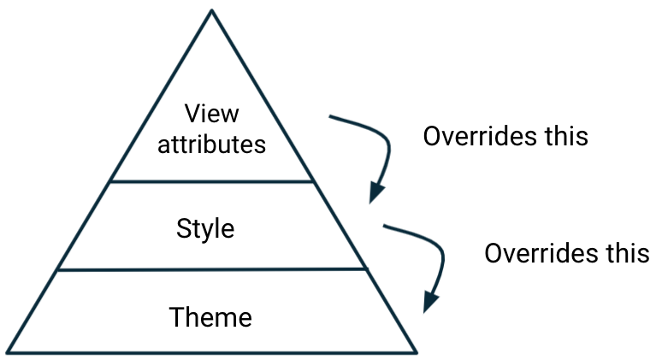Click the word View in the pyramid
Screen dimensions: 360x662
(x=212, y=114)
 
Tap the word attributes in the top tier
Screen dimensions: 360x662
(x=212, y=143)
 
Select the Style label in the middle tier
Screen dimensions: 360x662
(x=205, y=228)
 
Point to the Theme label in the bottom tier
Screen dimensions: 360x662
(x=210, y=317)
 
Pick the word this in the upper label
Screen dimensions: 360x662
(x=564, y=136)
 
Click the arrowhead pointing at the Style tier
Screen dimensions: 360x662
(x=375, y=193)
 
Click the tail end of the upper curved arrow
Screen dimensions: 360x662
(x=331, y=116)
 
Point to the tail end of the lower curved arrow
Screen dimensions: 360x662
(x=386, y=227)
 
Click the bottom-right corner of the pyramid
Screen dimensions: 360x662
(x=416, y=351)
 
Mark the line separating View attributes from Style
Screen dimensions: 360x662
(x=211, y=181)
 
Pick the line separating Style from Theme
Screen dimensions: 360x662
(x=211, y=269)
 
